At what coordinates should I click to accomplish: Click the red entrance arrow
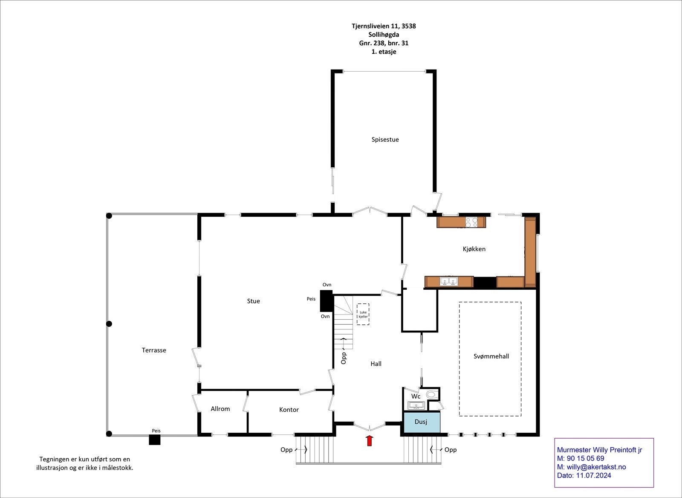point(369,440)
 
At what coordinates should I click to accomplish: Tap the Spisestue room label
point(385,140)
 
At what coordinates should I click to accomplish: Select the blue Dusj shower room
point(422,422)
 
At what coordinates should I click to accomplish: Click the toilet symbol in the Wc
point(431,394)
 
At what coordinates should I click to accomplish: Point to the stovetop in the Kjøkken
point(471,222)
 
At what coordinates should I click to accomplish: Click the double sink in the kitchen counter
point(449,281)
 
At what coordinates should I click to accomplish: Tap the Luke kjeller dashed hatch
point(363,314)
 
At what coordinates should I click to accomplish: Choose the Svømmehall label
point(491,356)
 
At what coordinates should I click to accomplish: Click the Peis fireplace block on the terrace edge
point(154,440)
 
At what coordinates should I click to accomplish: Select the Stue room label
point(253,301)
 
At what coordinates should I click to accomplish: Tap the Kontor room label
point(289,410)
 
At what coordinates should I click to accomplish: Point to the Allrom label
point(220,409)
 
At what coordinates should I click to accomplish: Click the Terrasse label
point(154,350)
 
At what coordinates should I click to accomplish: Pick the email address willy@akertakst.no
point(596,467)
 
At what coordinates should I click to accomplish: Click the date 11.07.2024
point(593,475)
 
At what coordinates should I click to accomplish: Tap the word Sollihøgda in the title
point(384,35)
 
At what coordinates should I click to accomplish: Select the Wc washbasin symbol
point(416,405)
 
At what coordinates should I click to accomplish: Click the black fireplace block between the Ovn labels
point(327,301)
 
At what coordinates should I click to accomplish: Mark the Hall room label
point(376,364)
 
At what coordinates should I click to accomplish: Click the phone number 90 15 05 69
point(586,458)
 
